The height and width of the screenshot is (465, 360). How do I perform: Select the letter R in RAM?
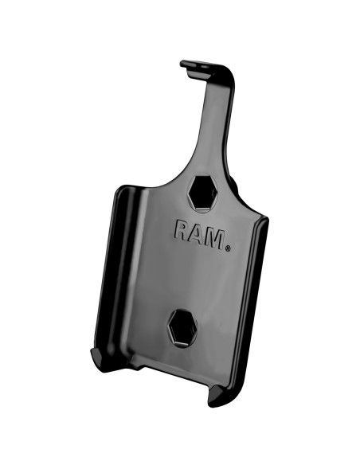tap(184, 232)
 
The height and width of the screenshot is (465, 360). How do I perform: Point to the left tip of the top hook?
tap(183, 63)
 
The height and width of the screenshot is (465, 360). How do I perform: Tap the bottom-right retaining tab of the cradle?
tap(225, 397)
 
